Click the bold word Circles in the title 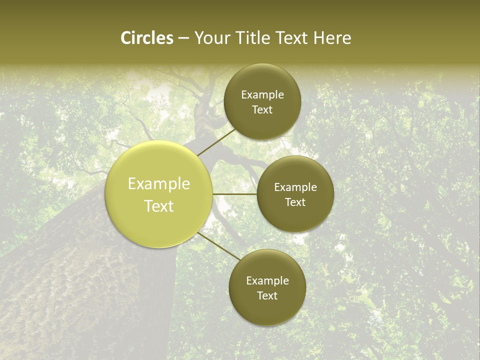pyautogui.click(x=146, y=38)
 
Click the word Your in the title pyautogui.click(x=212, y=38)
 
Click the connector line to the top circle pyautogui.click(x=216, y=142)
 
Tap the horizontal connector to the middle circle pyautogui.click(x=234, y=194)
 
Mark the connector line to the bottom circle pyautogui.click(x=218, y=246)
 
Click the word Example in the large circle pyautogui.click(x=159, y=184)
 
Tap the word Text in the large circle pyautogui.click(x=159, y=206)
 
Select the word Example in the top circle pyautogui.click(x=262, y=95)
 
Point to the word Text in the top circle pyautogui.click(x=262, y=109)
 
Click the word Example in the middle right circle pyautogui.click(x=295, y=187)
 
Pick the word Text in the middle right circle pyautogui.click(x=295, y=202)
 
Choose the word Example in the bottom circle pyautogui.click(x=267, y=281)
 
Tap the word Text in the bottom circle pyautogui.click(x=267, y=295)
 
